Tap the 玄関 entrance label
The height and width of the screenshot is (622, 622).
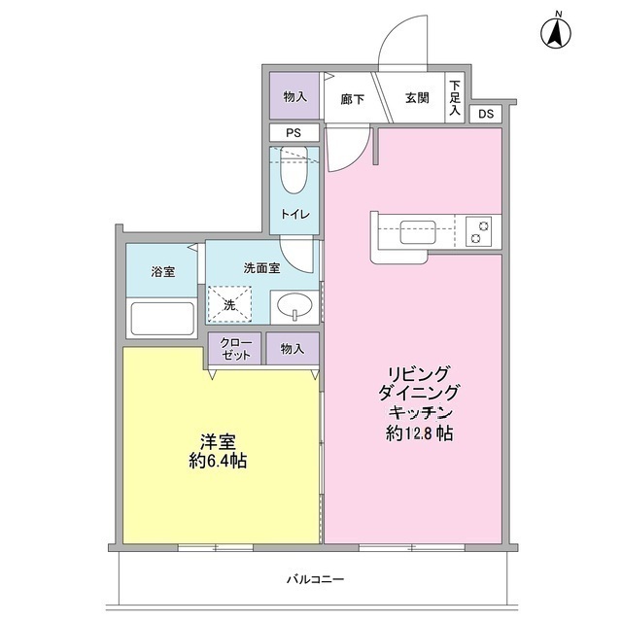click(x=418, y=97)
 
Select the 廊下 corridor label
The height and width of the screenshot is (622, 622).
click(x=352, y=97)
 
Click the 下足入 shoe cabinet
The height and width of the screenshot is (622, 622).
click(x=456, y=98)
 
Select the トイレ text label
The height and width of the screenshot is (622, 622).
click(x=294, y=215)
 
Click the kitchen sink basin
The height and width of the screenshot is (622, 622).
click(x=418, y=233)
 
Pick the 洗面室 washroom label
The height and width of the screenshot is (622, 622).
click(x=261, y=267)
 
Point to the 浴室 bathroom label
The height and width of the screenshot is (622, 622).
click(x=163, y=271)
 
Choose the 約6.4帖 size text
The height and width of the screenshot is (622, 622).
click(x=218, y=461)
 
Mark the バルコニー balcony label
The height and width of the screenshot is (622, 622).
click(x=314, y=578)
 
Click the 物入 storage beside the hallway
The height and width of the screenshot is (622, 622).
click(x=294, y=97)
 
